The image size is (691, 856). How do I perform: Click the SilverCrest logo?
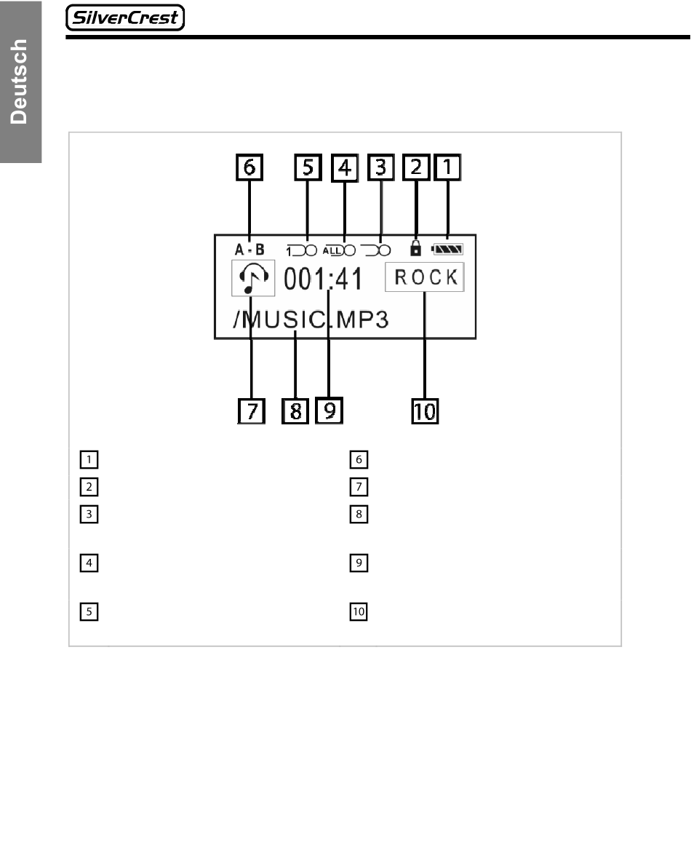(125, 17)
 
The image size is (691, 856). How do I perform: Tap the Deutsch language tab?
(20, 82)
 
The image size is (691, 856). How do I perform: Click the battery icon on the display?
(451, 249)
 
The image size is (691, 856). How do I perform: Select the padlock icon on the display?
(415, 248)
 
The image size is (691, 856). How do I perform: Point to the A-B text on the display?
(249, 249)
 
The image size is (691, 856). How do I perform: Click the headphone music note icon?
(253, 279)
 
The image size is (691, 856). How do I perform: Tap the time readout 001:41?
(322, 278)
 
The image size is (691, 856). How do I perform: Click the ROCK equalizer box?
(424, 277)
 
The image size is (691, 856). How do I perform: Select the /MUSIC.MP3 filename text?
(310, 320)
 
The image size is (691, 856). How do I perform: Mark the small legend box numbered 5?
(89, 612)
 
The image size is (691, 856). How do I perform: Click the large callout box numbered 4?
(344, 168)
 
